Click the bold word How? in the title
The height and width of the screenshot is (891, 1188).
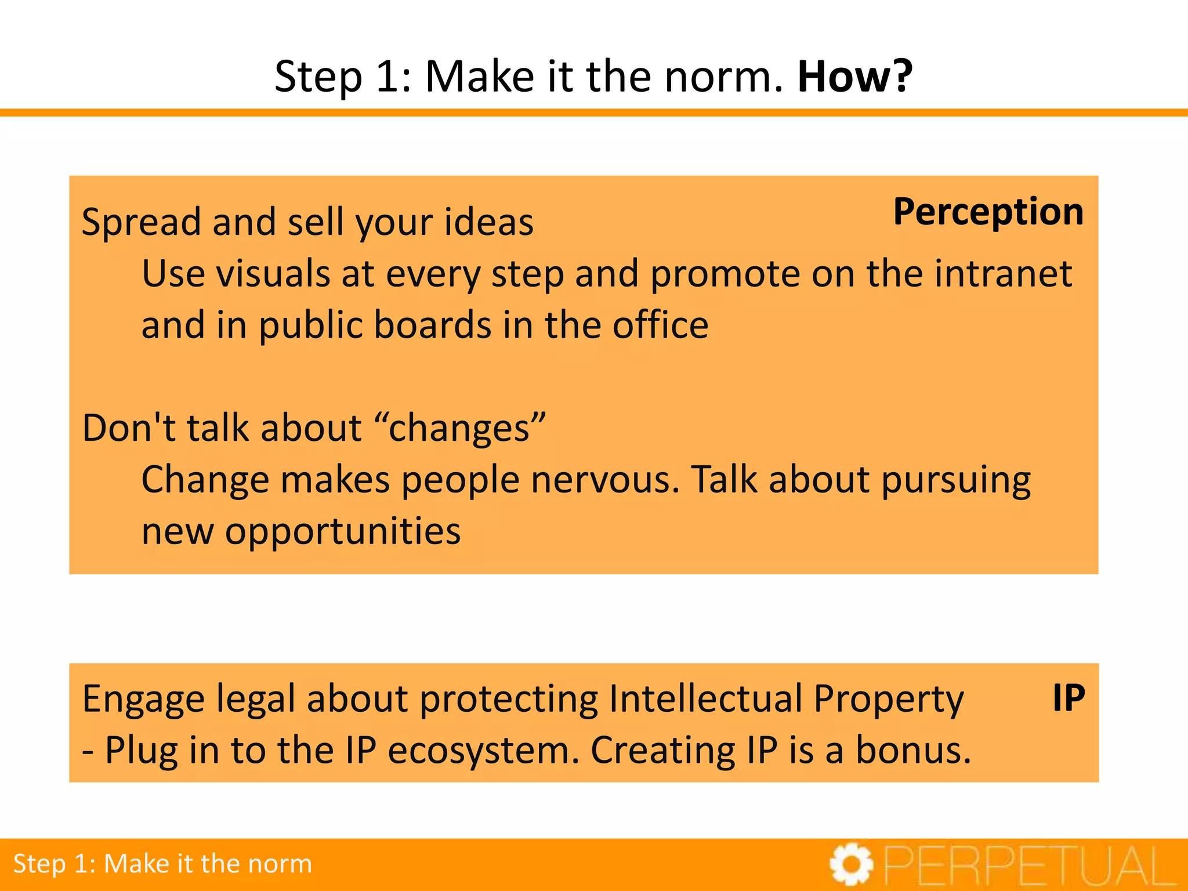(854, 77)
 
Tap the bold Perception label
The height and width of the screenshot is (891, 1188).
(988, 212)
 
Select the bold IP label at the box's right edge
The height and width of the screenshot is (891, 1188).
(1069, 698)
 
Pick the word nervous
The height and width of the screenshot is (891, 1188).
(605, 480)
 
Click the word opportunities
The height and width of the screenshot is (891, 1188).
(343, 531)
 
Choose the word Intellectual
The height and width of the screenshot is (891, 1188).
(706, 698)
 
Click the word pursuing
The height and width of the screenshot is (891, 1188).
(956, 481)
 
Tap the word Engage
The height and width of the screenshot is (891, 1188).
(143, 700)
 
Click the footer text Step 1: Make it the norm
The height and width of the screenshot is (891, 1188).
(162, 864)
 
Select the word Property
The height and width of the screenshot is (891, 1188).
(889, 700)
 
